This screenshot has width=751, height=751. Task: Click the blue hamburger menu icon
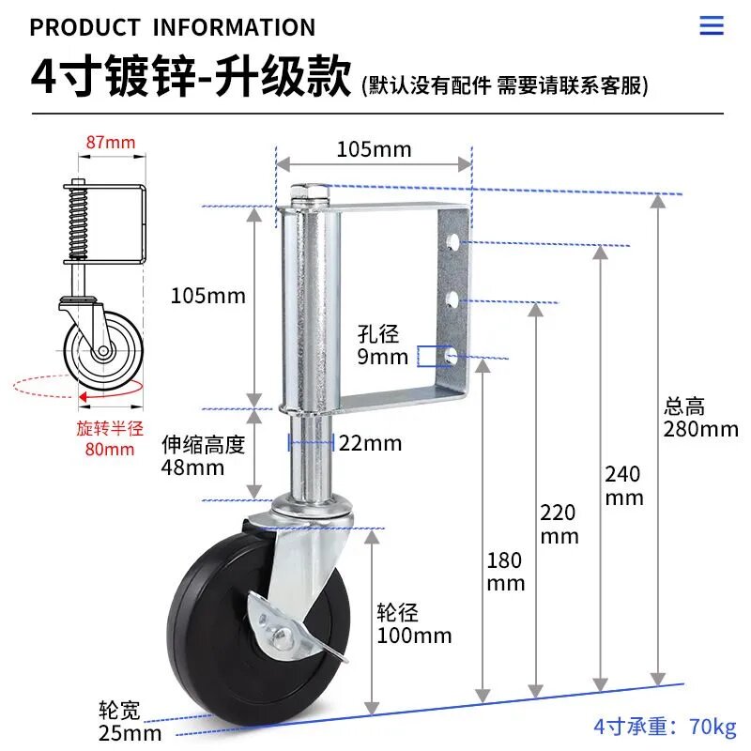tap(712, 25)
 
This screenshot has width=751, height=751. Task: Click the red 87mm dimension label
tap(111, 143)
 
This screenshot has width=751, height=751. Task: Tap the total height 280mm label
tap(700, 418)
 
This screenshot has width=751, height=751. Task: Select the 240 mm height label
tap(623, 485)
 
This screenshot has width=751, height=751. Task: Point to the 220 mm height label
tap(559, 524)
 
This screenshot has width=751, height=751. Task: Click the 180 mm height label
tap(506, 572)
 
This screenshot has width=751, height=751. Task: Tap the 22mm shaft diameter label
tap(370, 443)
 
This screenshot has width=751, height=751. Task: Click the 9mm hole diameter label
tap(382, 345)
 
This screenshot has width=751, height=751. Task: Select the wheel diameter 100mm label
tap(414, 624)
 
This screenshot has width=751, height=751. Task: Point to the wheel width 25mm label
tap(130, 721)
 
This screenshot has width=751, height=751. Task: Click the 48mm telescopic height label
tap(203, 456)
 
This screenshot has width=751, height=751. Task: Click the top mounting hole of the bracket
tap(452, 242)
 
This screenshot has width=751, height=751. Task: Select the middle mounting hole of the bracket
tap(452, 300)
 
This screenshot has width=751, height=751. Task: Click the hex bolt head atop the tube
tap(310, 192)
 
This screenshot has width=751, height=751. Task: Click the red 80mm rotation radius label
tap(110, 438)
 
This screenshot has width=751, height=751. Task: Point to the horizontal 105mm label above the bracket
tap(374, 149)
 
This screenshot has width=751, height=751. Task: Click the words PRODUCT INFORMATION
tap(173, 27)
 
